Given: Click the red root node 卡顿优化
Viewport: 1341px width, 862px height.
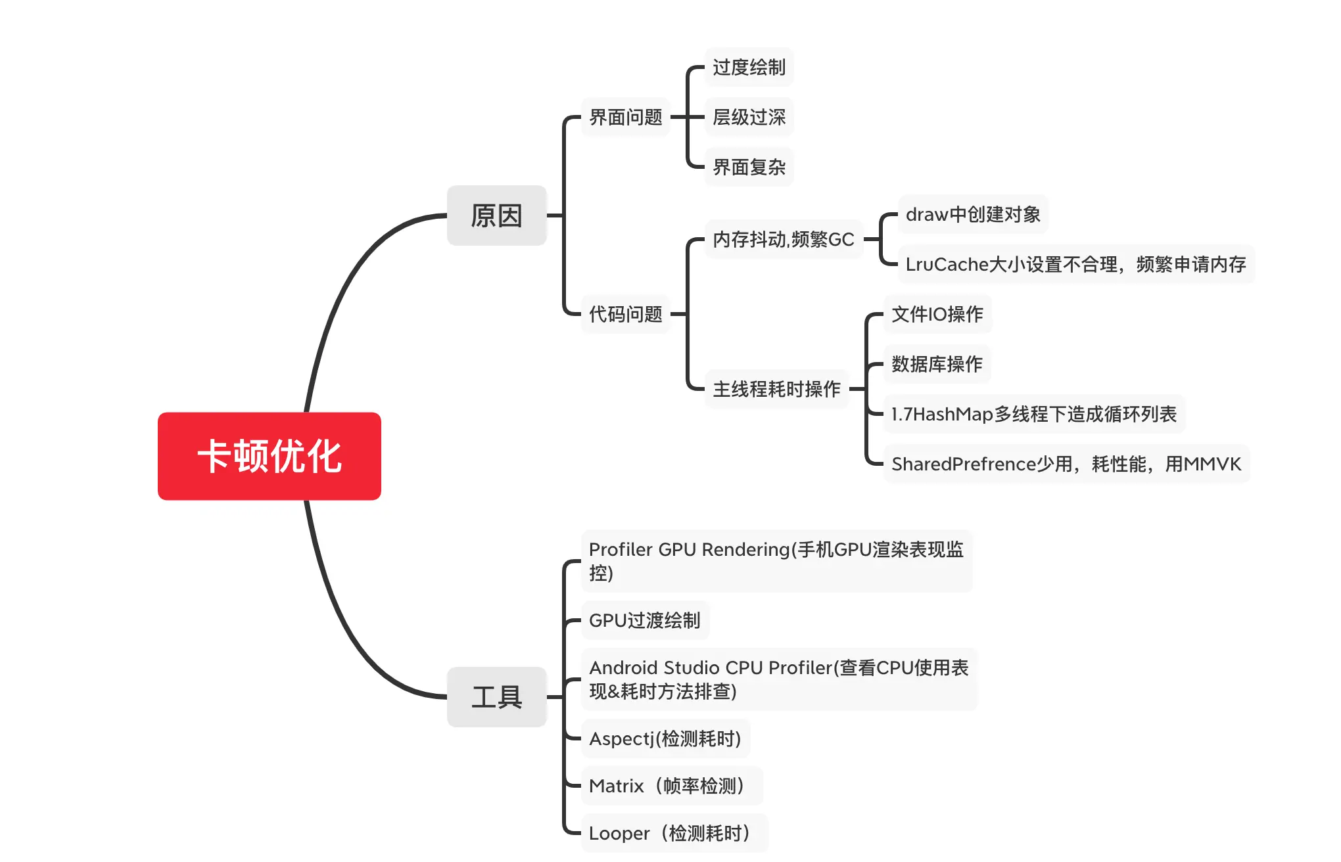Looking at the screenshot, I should (x=270, y=456).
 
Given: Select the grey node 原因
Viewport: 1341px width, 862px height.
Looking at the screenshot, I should (x=496, y=215).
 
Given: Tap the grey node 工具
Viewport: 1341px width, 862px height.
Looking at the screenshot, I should (x=496, y=696).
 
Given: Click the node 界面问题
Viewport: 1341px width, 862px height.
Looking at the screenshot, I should (x=625, y=117).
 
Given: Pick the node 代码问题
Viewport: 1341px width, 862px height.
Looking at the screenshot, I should (x=625, y=314).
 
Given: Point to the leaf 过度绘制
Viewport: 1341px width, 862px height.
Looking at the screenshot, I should (x=749, y=67).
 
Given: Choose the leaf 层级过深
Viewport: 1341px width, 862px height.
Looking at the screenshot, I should (x=749, y=117).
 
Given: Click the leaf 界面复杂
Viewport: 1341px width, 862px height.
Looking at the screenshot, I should (x=749, y=167).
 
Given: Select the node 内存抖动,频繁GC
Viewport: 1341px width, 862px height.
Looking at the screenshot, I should (x=783, y=239).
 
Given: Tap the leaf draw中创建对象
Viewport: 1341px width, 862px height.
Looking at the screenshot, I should (x=973, y=214).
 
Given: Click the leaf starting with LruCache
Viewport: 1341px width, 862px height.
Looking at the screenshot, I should (x=1075, y=264).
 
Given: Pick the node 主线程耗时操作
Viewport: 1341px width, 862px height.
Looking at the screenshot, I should (x=776, y=389).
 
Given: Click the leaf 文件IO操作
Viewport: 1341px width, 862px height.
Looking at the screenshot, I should (x=937, y=314).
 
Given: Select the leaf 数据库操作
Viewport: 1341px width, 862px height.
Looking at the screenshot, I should (x=937, y=364).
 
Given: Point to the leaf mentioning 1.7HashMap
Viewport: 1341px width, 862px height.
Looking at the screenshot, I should (x=1033, y=414).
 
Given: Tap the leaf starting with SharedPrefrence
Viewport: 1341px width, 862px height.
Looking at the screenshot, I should (x=1066, y=464).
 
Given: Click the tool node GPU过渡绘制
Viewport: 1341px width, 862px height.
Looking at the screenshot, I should (x=644, y=620).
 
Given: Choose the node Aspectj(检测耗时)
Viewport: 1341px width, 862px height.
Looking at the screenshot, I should (x=665, y=738).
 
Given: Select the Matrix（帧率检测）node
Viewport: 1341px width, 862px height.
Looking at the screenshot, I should (x=670, y=786).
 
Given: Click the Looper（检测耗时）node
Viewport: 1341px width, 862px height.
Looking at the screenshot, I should (x=673, y=833).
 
